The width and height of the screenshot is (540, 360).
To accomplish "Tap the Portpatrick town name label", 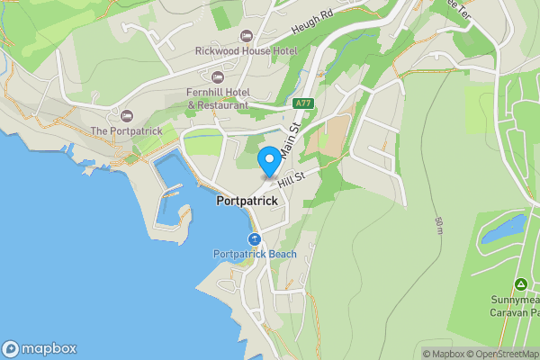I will (247, 202).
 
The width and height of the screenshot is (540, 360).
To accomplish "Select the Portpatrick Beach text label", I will (255, 255).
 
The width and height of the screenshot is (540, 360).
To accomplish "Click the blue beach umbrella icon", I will (255, 239).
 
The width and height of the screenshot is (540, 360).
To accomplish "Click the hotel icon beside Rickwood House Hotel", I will (246, 35).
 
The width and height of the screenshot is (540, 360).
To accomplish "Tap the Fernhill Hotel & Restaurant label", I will (217, 98).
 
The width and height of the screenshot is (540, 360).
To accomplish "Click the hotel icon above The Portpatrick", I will (127, 115).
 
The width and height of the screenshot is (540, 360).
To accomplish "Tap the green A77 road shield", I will (304, 103).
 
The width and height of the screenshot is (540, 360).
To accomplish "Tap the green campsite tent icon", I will (520, 283).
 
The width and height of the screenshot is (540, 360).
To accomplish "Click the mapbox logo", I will (40, 348).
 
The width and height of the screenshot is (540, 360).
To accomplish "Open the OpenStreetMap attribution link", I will (498, 354).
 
